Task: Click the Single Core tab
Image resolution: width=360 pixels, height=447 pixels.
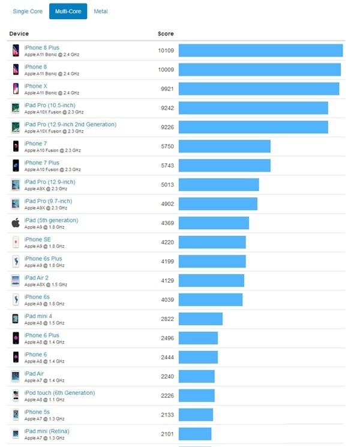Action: [28, 11]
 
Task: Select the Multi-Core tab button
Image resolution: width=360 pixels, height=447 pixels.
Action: [68, 11]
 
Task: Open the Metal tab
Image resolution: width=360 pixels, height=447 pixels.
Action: [101, 11]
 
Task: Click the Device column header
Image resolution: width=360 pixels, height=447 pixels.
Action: [19, 34]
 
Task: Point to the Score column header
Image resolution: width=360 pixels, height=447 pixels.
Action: [166, 34]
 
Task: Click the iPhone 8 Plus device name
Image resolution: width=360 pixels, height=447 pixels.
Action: [42, 47]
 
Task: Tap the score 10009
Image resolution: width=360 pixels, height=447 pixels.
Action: [166, 70]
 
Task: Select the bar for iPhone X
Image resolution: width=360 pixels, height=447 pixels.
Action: [259, 89]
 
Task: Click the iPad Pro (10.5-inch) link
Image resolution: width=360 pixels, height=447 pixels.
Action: [50, 105]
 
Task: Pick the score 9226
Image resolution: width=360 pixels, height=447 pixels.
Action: [166, 127]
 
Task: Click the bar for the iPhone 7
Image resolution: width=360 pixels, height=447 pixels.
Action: [224, 146]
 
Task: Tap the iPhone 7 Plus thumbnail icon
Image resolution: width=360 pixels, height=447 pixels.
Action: [16, 166]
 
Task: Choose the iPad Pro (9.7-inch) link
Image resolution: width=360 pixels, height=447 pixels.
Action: [48, 201]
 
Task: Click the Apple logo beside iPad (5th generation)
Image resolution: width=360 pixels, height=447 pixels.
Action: [16, 223]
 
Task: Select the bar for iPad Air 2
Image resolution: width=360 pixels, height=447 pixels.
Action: [211, 281]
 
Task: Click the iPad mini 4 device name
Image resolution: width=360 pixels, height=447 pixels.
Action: [38, 316]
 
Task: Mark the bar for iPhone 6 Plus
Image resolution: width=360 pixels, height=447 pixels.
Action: [198, 338]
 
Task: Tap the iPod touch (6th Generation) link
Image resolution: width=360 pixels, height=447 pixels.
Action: [59, 393]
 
